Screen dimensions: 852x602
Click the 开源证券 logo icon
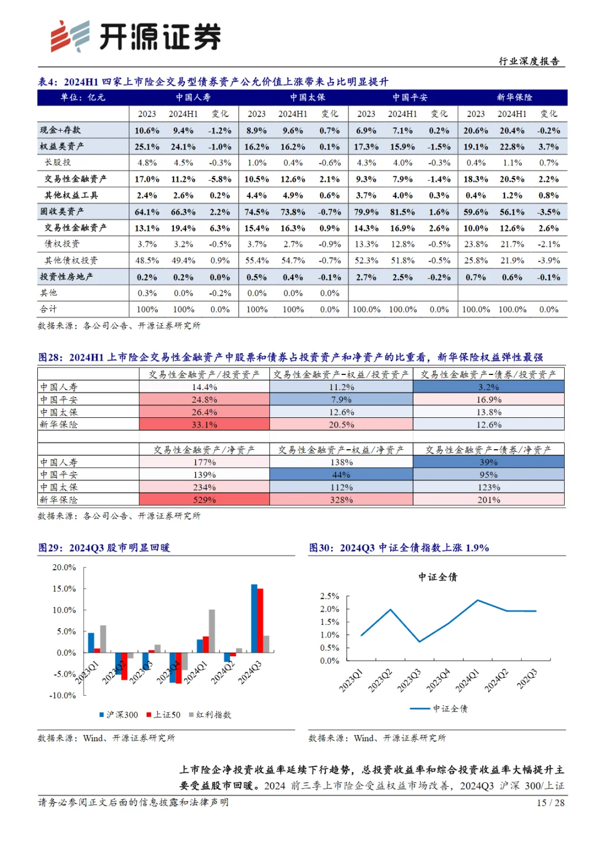click(x=70, y=36)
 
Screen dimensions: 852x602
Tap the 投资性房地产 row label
click(x=66, y=277)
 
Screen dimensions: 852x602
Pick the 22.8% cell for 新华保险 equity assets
click(x=512, y=147)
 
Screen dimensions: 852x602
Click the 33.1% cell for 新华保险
click(x=204, y=425)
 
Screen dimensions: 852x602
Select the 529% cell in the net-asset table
click(x=204, y=500)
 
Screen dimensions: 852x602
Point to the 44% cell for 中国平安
click(x=341, y=475)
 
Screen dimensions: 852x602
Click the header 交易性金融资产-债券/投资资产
click(x=488, y=374)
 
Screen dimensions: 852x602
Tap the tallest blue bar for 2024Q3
click(x=254, y=618)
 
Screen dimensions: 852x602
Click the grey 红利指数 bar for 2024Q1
click(x=212, y=631)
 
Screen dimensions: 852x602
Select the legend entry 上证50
click(x=164, y=715)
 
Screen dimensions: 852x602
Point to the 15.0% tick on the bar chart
click(x=64, y=589)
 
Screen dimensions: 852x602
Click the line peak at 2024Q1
click(x=478, y=600)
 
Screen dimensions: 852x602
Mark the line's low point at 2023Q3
click(x=420, y=642)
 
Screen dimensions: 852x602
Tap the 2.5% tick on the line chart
click(x=329, y=596)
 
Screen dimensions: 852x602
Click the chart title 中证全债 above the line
click(x=438, y=577)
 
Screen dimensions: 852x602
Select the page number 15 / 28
click(x=550, y=802)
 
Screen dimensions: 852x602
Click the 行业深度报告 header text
click(x=528, y=61)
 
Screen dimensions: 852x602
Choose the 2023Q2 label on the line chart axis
click(x=381, y=681)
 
